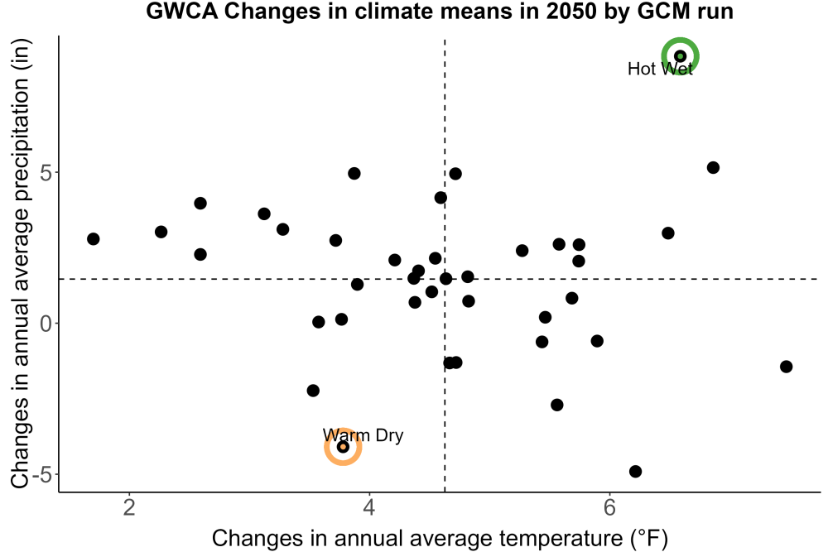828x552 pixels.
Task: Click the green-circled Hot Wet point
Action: pyautogui.click(x=680, y=56)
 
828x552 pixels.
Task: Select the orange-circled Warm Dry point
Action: pyautogui.click(x=343, y=447)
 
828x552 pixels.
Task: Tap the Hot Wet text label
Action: pyautogui.click(x=660, y=69)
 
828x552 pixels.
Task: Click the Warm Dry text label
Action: pyautogui.click(x=363, y=435)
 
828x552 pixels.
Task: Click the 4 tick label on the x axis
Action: pyautogui.click(x=369, y=507)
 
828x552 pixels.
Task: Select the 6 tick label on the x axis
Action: pyautogui.click(x=610, y=507)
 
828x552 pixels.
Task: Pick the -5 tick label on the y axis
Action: pyautogui.click(x=42, y=474)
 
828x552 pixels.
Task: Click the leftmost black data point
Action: pyautogui.click(x=94, y=239)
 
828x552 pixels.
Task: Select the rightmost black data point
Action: pyautogui.click(x=787, y=367)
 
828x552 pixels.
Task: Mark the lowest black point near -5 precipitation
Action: pyautogui.click(x=635, y=471)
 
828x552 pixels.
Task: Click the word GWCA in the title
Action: pyautogui.click(x=181, y=11)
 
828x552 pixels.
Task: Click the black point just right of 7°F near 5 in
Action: pyautogui.click(x=713, y=168)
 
